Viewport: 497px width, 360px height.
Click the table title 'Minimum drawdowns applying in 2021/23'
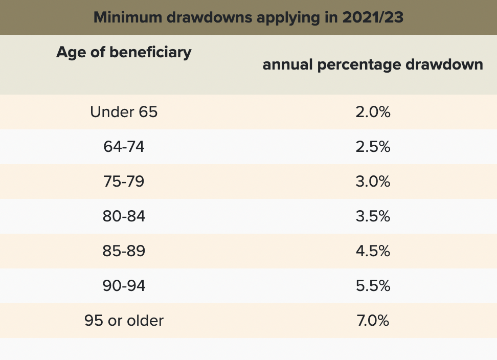click(x=248, y=17)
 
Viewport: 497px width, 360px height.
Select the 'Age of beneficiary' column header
click(x=124, y=52)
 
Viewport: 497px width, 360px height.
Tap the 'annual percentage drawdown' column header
click(x=373, y=65)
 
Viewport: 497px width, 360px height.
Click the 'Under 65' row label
click(x=124, y=112)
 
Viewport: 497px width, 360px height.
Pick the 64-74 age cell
click(x=124, y=147)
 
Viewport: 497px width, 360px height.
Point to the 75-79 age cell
click(x=124, y=182)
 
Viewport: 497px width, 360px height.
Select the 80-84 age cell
click(x=124, y=216)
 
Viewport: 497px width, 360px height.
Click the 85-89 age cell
click(x=124, y=251)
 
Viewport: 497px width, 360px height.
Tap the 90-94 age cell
click(x=124, y=286)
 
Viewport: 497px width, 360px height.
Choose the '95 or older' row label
click(x=124, y=321)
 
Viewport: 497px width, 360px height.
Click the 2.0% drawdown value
click(x=373, y=112)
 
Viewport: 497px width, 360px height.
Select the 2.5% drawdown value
click(x=373, y=147)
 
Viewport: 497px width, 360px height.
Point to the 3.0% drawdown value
click(x=373, y=182)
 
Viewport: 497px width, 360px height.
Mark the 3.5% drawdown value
click(x=373, y=216)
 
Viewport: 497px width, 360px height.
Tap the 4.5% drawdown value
click(x=373, y=251)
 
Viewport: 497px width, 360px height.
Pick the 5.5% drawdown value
click(x=373, y=286)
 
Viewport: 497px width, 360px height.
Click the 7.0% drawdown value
click(x=373, y=321)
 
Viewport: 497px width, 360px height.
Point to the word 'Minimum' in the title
click(x=124, y=17)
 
